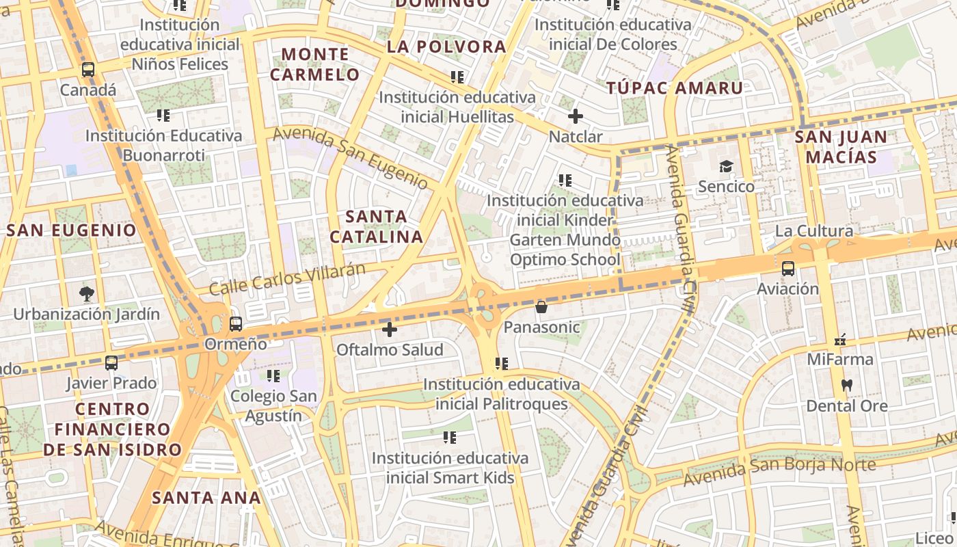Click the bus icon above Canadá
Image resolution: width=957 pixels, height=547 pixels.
[x=88, y=69]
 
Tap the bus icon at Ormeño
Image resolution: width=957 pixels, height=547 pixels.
[x=236, y=323]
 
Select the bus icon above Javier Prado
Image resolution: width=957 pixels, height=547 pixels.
[x=111, y=363]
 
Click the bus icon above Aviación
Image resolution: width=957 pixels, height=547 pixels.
[x=788, y=269]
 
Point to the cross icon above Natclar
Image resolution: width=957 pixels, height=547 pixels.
[x=576, y=116]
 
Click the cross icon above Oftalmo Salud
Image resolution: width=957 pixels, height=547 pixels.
[x=390, y=330]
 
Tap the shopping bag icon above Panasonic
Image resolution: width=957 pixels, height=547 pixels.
[x=541, y=307]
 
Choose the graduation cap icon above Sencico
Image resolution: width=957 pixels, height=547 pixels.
[x=726, y=166]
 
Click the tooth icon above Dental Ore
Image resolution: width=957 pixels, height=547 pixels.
[x=847, y=386]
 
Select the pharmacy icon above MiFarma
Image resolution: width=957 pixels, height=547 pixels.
[x=840, y=339]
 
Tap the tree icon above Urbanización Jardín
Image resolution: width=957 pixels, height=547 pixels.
[x=86, y=295]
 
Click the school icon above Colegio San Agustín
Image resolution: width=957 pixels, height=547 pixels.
[x=273, y=375]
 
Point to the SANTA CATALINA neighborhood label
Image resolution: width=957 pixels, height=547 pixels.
[x=376, y=227]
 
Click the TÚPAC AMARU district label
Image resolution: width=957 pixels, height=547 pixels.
[x=675, y=88]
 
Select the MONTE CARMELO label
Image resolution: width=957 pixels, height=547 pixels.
[x=315, y=64]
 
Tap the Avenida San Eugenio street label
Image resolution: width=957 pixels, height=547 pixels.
[x=350, y=158]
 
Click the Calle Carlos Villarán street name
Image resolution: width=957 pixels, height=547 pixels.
[x=287, y=278]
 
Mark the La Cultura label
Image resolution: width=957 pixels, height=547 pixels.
[x=814, y=230]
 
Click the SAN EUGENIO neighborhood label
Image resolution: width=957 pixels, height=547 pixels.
[x=72, y=230]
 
